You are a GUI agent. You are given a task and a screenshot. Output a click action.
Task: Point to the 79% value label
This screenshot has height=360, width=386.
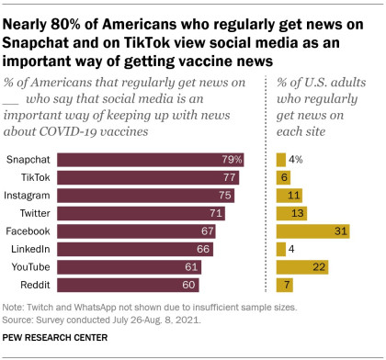(233, 159)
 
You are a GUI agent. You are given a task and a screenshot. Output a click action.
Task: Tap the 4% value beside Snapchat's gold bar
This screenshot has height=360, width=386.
(298, 159)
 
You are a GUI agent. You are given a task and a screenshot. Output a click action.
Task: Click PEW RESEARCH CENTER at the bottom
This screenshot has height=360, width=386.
(54, 339)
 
